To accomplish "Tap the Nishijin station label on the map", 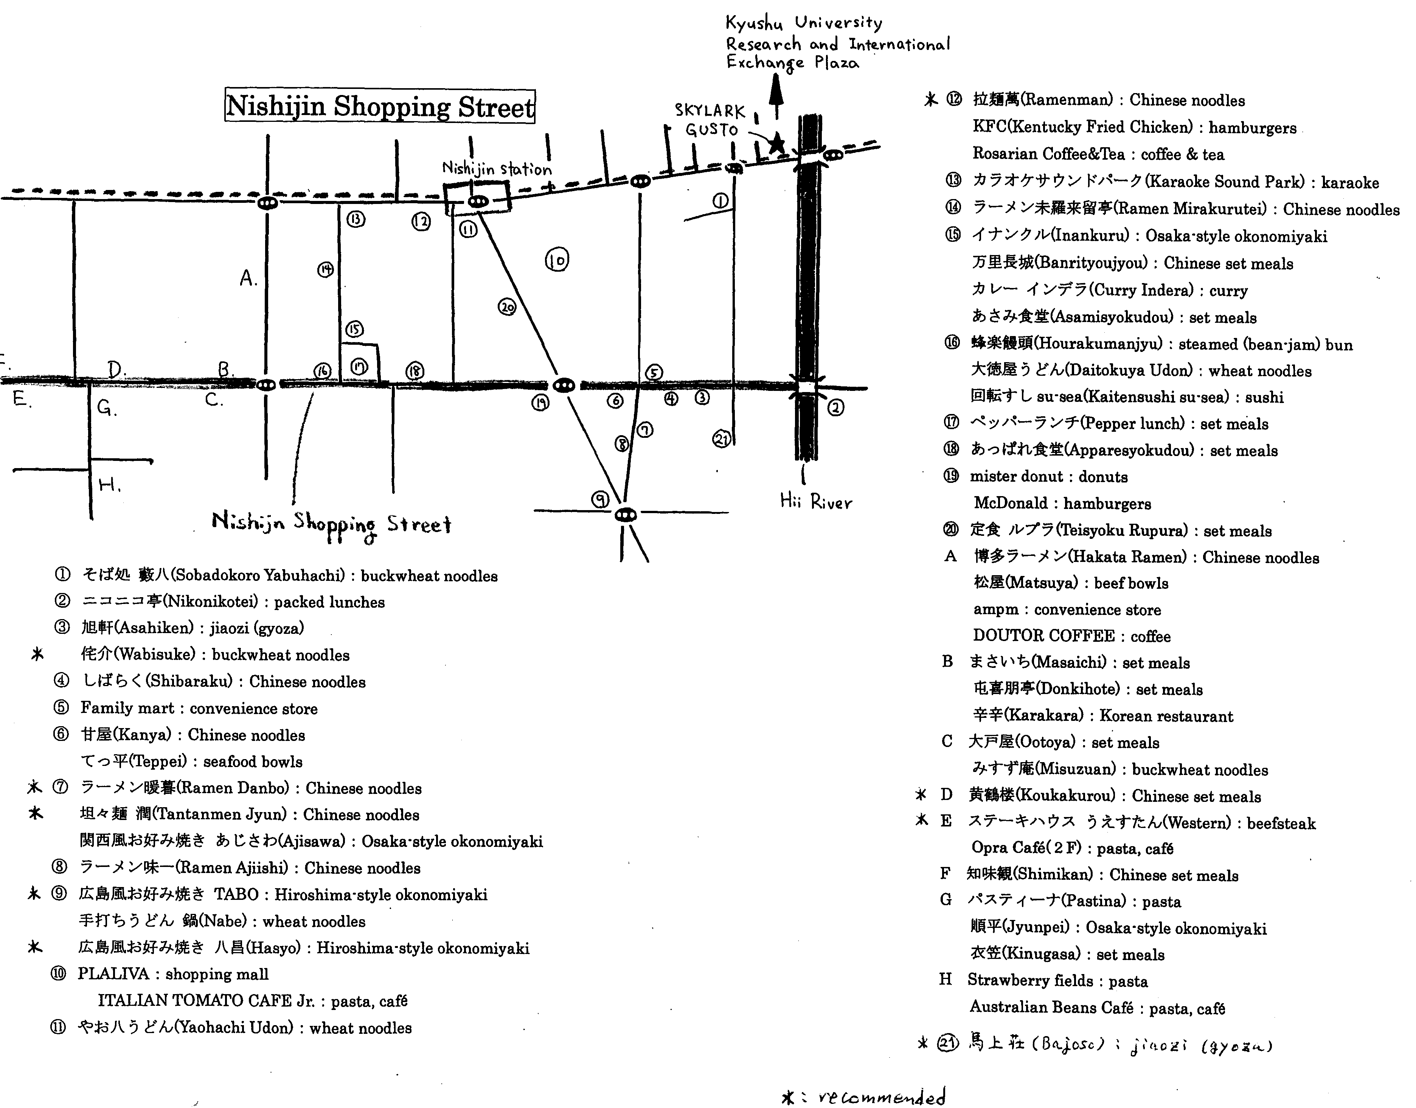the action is [x=497, y=169].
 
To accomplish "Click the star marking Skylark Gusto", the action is [x=776, y=143].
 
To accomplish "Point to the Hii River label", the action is [x=816, y=501].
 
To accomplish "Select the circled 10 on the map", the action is [x=557, y=260].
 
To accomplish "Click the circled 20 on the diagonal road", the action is [x=507, y=306].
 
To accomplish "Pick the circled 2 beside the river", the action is [x=836, y=408].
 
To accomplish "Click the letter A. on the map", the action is [x=248, y=278].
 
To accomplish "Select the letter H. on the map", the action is [x=110, y=485].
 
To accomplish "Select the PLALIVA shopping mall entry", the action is [x=172, y=974].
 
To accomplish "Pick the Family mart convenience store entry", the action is [x=199, y=708].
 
